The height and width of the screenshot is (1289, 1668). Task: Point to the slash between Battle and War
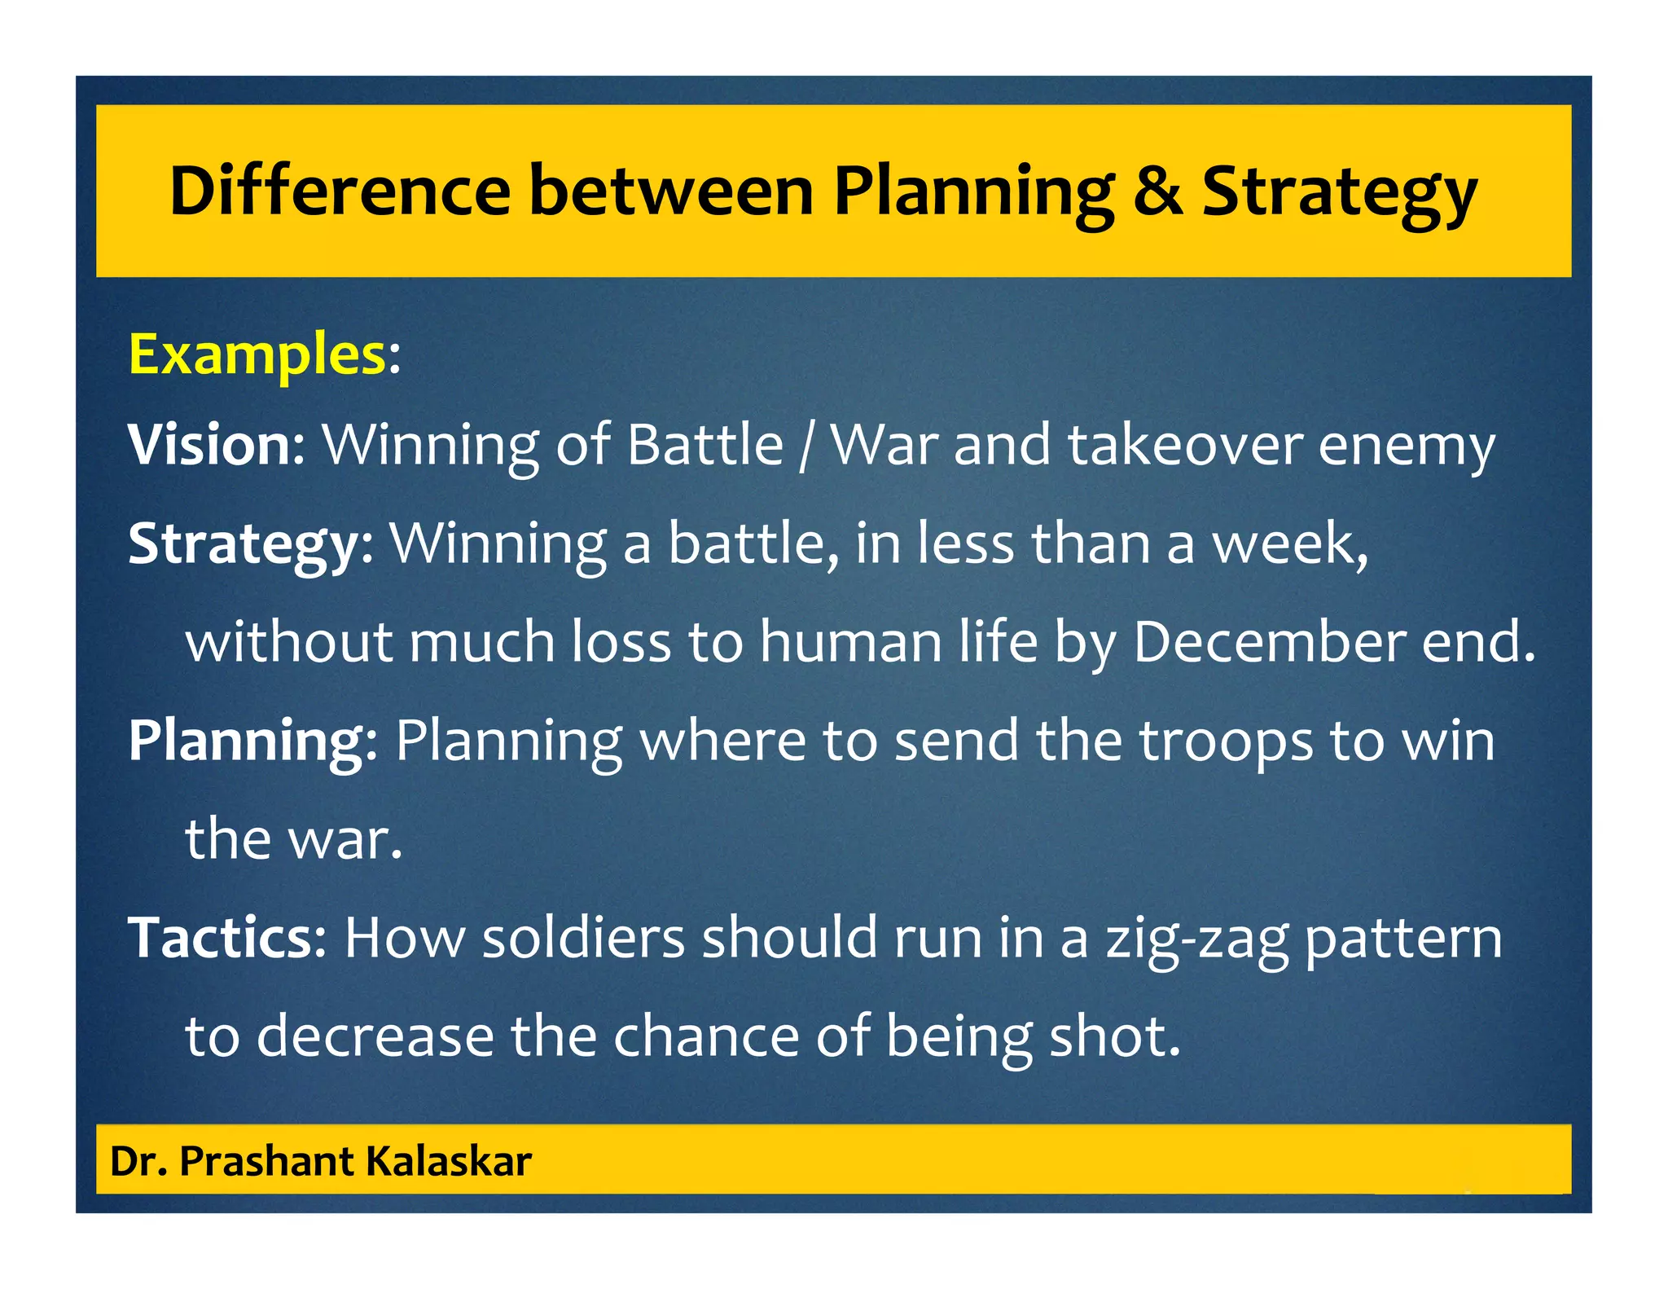(x=805, y=447)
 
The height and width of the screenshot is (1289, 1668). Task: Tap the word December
(x=1269, y=642)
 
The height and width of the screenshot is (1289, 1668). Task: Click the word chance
(x=706, y=1036)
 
